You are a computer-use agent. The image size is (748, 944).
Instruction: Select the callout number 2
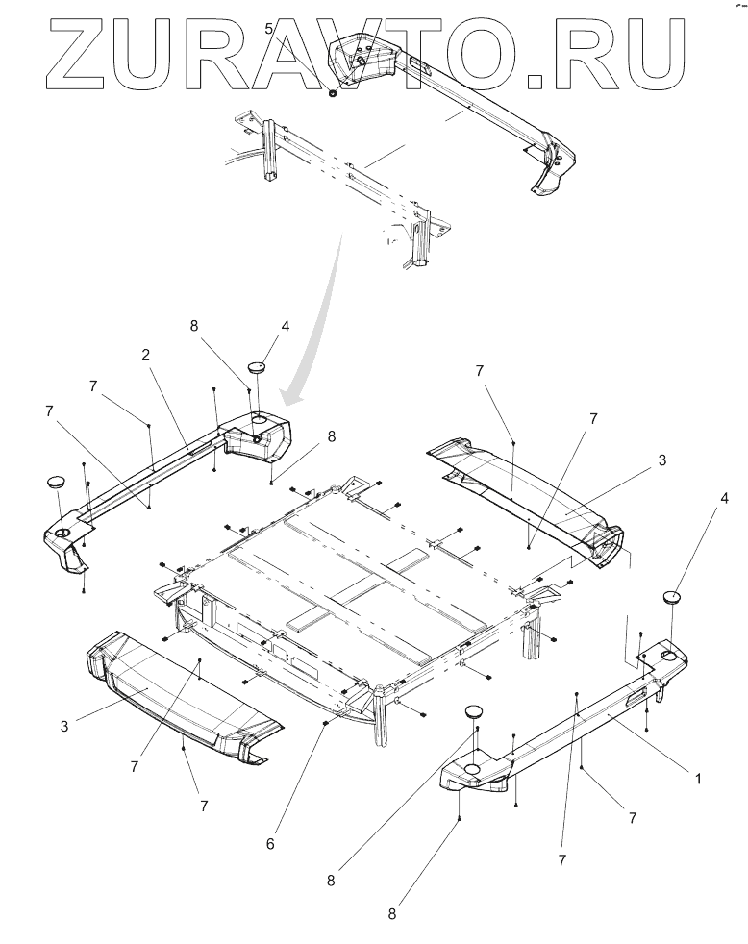[146, 355]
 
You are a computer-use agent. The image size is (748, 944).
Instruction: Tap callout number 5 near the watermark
[270, 28]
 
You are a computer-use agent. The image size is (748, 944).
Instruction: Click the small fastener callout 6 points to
[326, 722]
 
